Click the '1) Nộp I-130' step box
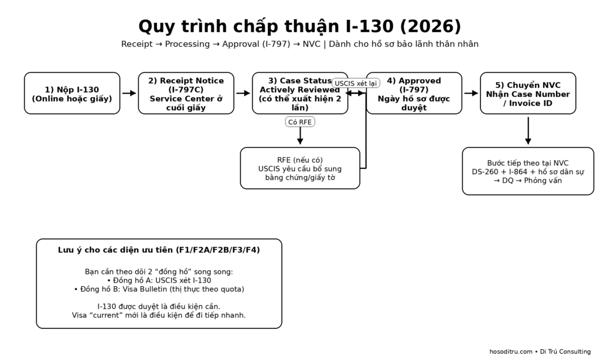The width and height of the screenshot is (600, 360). [72, 93]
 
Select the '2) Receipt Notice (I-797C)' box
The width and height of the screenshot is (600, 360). [186, 93]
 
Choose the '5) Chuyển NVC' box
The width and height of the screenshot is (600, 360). [528, 93]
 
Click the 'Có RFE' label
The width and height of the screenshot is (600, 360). [300, 122]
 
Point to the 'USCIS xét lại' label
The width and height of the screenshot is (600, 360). [356, 83]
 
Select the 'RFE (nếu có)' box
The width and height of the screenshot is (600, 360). [300, 168]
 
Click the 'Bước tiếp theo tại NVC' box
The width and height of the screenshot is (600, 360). [528, 171]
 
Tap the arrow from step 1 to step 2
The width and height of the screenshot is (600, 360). [129, 93]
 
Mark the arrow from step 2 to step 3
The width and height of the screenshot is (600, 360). [243, 93]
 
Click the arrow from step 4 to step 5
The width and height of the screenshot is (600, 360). [471, 93]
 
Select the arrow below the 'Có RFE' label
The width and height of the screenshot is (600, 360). [300, 137]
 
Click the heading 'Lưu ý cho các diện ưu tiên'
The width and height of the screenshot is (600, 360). [159, 250]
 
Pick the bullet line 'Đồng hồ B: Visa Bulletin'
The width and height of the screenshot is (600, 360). [159, 289]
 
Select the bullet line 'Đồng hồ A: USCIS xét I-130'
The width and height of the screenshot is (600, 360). [159, 280]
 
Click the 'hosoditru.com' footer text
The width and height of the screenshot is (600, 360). [510, 352]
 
